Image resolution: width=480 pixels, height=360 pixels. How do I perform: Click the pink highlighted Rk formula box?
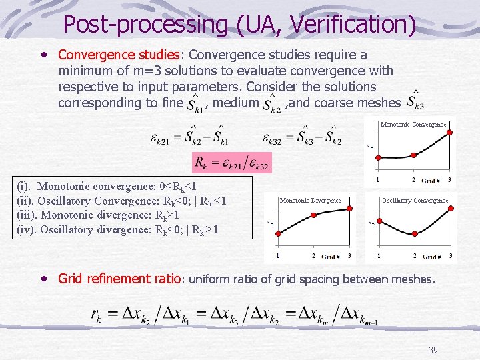point(231,162)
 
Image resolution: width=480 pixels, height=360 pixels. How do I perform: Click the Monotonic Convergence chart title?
point(413,125)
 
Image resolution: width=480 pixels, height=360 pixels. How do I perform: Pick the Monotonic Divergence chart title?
point(310,201)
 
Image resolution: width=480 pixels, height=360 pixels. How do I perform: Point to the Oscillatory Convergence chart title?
point(415,201)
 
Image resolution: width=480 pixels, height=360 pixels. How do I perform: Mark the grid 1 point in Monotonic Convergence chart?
point(378,158)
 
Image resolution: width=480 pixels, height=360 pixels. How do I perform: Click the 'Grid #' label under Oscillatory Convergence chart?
point(431,257)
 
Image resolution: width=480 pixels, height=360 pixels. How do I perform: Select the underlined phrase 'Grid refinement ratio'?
point(120,279)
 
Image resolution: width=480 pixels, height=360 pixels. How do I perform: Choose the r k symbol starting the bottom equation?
point(97,315)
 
